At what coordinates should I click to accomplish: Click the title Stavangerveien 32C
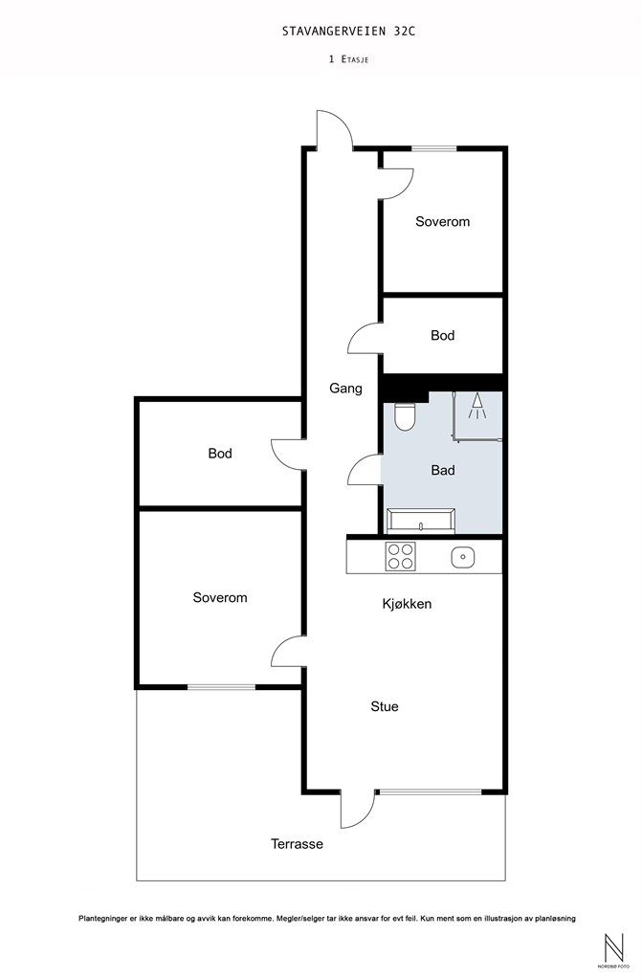(348, 31)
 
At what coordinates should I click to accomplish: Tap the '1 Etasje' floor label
(348, 59)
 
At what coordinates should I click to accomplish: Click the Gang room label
(345, 389)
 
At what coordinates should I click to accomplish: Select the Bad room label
(443, 470)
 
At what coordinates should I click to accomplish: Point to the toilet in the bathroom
(405, 416)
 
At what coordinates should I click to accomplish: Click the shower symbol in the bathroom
(477, 406)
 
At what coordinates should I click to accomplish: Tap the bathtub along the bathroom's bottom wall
(421, 521)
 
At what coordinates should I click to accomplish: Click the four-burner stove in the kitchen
(401, 556)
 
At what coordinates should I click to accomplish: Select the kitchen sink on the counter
(462, 556)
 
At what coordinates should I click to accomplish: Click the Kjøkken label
(407, 604)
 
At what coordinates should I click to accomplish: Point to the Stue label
(385, 706)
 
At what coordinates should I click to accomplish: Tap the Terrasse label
(297, 844)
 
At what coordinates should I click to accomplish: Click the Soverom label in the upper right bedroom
(443, 221)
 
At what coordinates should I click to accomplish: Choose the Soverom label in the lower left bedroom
(220, 597)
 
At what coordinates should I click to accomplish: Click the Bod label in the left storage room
(220, 453)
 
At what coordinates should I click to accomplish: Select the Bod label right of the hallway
(443, 336)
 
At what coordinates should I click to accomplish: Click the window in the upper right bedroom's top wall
(433, 148)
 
